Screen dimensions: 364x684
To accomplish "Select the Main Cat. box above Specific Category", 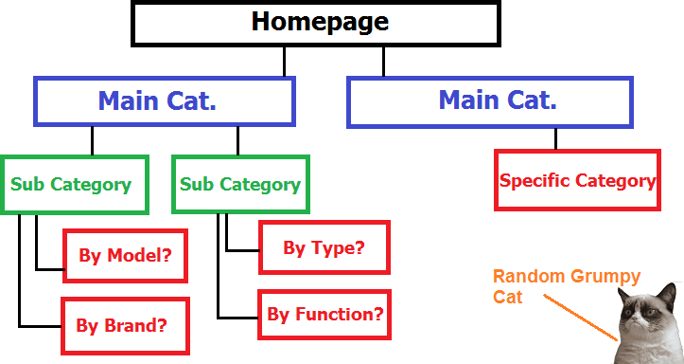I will (x=488, y=101).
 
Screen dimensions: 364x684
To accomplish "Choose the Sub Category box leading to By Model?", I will (x=71, y=184).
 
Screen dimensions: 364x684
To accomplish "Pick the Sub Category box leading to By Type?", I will (x=240, y=184).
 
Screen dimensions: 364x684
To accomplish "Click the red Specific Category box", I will (x=576, y=180).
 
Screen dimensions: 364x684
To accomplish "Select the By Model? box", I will (x=126, y=256).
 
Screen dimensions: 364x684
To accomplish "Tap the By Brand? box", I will (x=126, y=325).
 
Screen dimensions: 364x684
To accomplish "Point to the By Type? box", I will (x=323, y=248).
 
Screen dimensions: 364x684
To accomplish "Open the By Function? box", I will (x=323, y=314).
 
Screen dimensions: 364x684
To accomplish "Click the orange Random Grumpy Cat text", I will (x=566, y=286).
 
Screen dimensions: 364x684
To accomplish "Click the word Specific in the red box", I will (x=533, y=180).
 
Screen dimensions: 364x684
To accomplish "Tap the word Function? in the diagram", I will (x=341, y=314).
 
